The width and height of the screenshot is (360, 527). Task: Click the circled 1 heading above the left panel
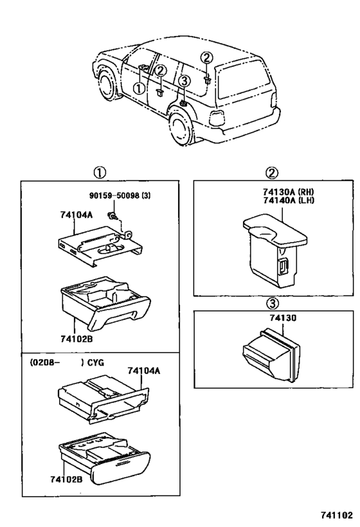coord(100,172)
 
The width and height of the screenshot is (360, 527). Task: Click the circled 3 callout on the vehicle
coord(184,81)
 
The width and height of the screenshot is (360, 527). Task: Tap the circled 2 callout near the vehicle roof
coord(206,59)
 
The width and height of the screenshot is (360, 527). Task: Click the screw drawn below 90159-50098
coord(113,216)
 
